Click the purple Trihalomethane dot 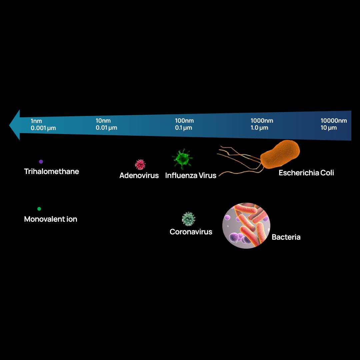tap(41, 162)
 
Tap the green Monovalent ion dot tap(39, 209)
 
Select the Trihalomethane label tap(52, 172)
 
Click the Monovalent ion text tap(51, 219)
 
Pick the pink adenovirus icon tap(140, 164)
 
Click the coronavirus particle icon tap(189, 219)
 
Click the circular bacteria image tap(246, 226)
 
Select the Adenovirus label tap(139, 175)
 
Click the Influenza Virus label tap(191, 175)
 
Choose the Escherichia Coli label tap(306, 173)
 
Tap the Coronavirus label tap(191, 232)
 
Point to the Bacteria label tap(286, 237)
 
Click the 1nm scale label tap(36, 121)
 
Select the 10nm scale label tap(103, 121)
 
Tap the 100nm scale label tap(184, 121)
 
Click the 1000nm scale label tap(262, 121)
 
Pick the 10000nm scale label tap(334, 121)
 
